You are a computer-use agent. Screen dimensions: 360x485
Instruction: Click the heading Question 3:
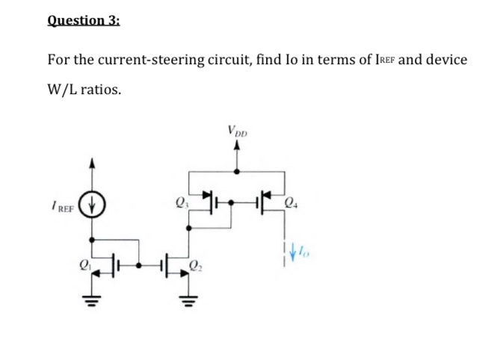(83, 21)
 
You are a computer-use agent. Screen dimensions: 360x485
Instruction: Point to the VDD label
(238, 132)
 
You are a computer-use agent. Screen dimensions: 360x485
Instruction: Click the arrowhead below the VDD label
(238, 146)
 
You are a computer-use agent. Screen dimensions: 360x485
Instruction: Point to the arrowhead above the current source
(92, 161)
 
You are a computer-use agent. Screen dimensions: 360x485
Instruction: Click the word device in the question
(446, 59)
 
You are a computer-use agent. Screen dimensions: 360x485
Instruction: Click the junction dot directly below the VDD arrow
(238, 171)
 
